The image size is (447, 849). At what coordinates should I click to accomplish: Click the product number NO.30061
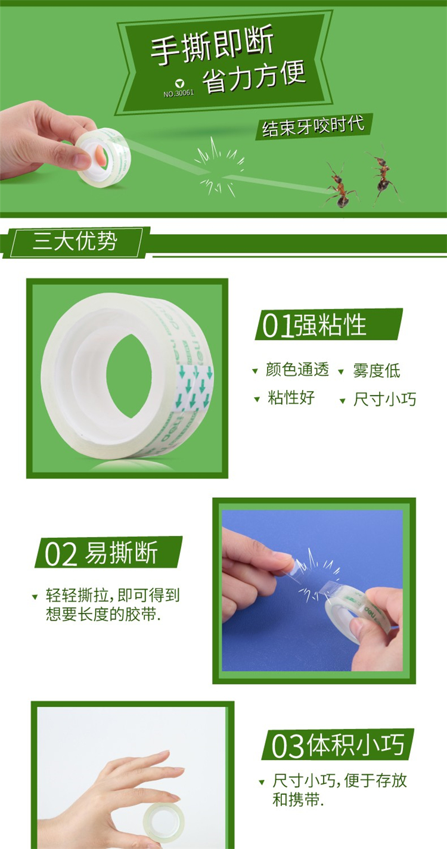(x=178, y=93)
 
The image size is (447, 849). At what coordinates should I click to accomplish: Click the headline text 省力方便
(x=254, y=76)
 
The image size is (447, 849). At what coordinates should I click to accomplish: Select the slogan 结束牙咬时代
(x=313, y=125)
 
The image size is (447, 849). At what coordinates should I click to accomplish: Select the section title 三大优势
(x=75, y=241)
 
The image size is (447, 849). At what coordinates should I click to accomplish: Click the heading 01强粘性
(x=314, y=324)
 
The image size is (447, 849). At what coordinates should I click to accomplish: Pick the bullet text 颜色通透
(x=297, y=370)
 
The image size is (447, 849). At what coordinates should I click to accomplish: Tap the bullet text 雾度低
(x=377, y=370)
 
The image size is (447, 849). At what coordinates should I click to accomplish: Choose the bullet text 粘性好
(x=291, y=398)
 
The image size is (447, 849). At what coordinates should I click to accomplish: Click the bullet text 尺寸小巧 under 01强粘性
(x=384, y=399)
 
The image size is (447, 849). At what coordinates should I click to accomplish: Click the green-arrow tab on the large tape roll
(x=194, y=389)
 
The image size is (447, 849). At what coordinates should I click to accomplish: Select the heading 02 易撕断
(x=101, y=553)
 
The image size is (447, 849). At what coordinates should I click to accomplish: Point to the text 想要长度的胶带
(x=103, y=613)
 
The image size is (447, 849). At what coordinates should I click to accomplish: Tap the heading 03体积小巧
(x=337, y=745)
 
